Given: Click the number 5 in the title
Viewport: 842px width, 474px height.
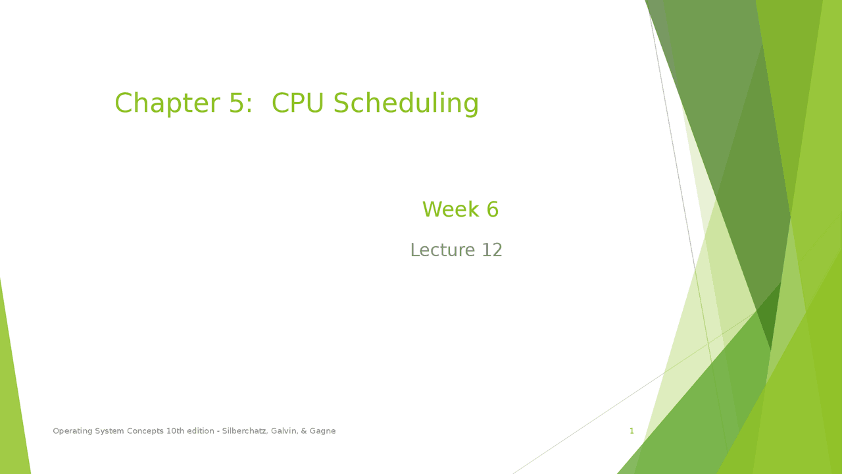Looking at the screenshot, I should pos(237,104).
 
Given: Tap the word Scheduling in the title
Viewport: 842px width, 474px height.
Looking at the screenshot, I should pos(406,104).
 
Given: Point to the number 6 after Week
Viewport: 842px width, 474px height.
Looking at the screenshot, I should pos(492,210).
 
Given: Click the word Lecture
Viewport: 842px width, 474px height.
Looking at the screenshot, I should pos(442,250).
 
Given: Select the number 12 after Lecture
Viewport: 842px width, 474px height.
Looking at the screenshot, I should pos(492,250).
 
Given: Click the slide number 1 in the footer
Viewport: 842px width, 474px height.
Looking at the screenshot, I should pos(631,431).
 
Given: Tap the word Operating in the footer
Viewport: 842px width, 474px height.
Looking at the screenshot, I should pos(72,431).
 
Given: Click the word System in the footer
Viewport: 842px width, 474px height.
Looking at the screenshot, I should pos(109,431).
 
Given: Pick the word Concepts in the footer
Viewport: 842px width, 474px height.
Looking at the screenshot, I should pos(145,431).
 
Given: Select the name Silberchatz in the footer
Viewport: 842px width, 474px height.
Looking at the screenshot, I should pos(244,431).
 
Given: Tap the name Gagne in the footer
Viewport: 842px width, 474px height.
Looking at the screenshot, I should pos(323,431).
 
